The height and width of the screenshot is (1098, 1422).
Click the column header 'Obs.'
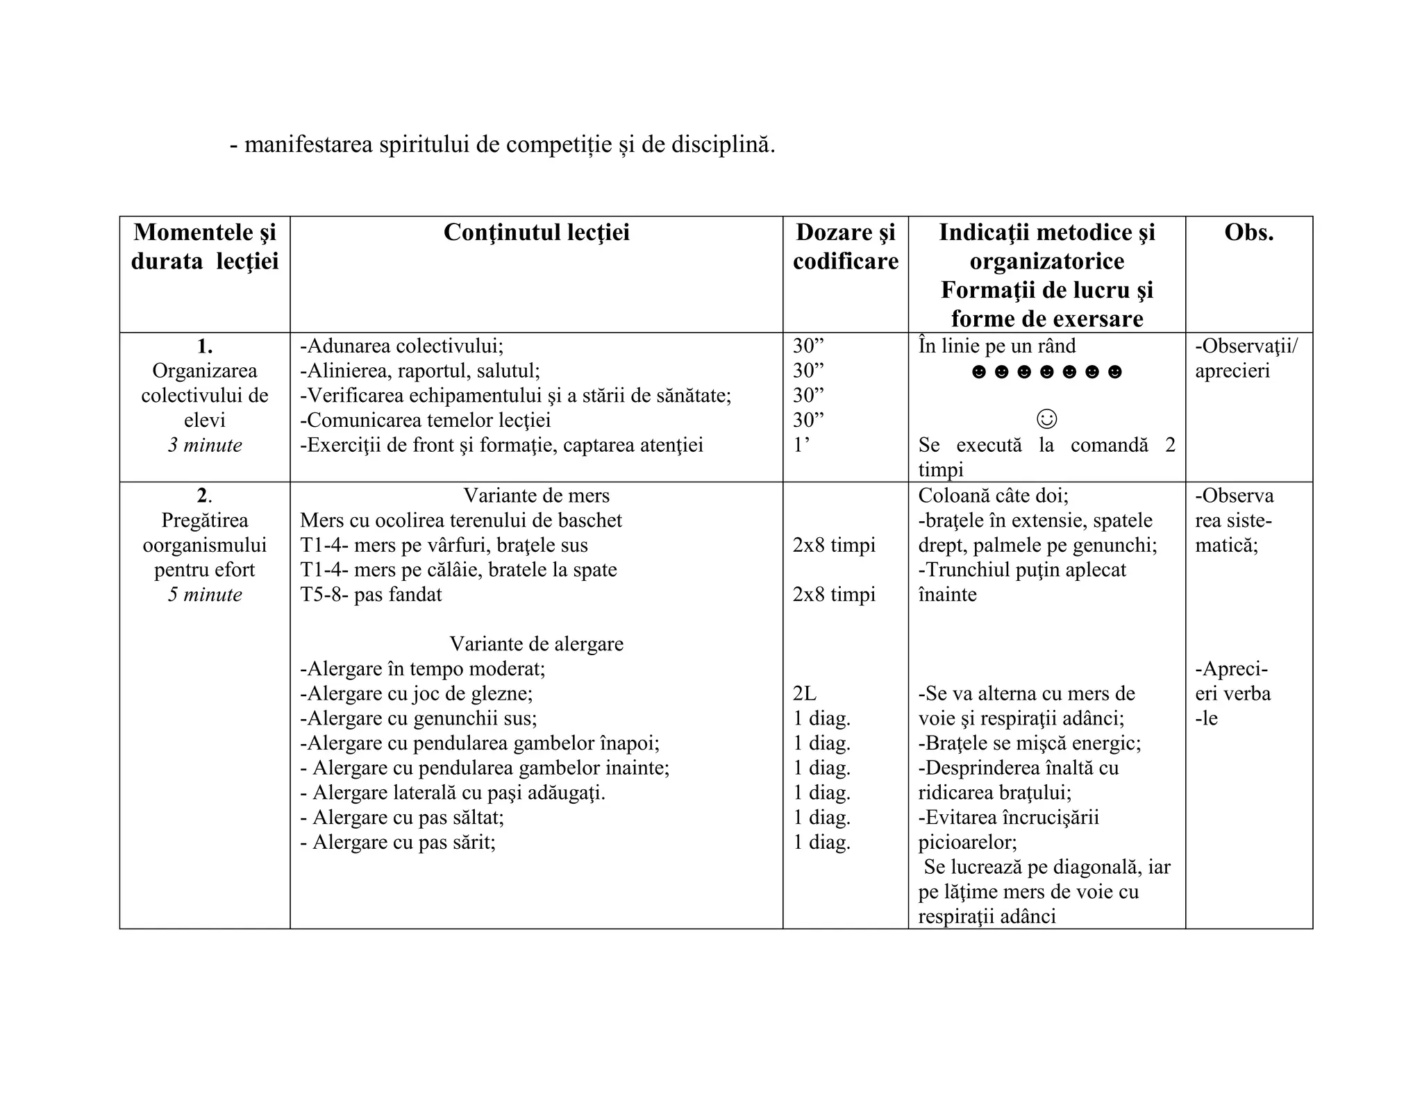1248,233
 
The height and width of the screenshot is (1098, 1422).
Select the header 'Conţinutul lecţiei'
536,233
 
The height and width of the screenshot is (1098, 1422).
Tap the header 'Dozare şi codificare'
845,246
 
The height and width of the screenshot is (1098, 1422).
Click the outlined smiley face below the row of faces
1046,419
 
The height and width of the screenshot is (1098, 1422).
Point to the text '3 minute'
205,445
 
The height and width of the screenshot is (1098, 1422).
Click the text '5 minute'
205,595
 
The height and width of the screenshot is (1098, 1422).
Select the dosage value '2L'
805,693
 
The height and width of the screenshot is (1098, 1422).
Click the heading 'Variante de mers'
536,496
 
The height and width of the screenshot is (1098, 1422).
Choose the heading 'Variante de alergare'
536,644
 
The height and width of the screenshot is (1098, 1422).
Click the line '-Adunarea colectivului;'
401,346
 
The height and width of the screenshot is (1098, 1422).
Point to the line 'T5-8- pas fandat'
371,595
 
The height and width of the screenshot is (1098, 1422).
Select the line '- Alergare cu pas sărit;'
398,843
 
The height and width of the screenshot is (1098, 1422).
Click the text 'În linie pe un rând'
996,346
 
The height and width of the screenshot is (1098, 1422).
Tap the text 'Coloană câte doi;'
993,496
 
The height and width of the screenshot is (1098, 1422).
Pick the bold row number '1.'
205,346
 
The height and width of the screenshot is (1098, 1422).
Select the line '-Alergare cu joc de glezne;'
417,693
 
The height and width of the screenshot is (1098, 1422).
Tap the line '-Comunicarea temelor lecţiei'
425,420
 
